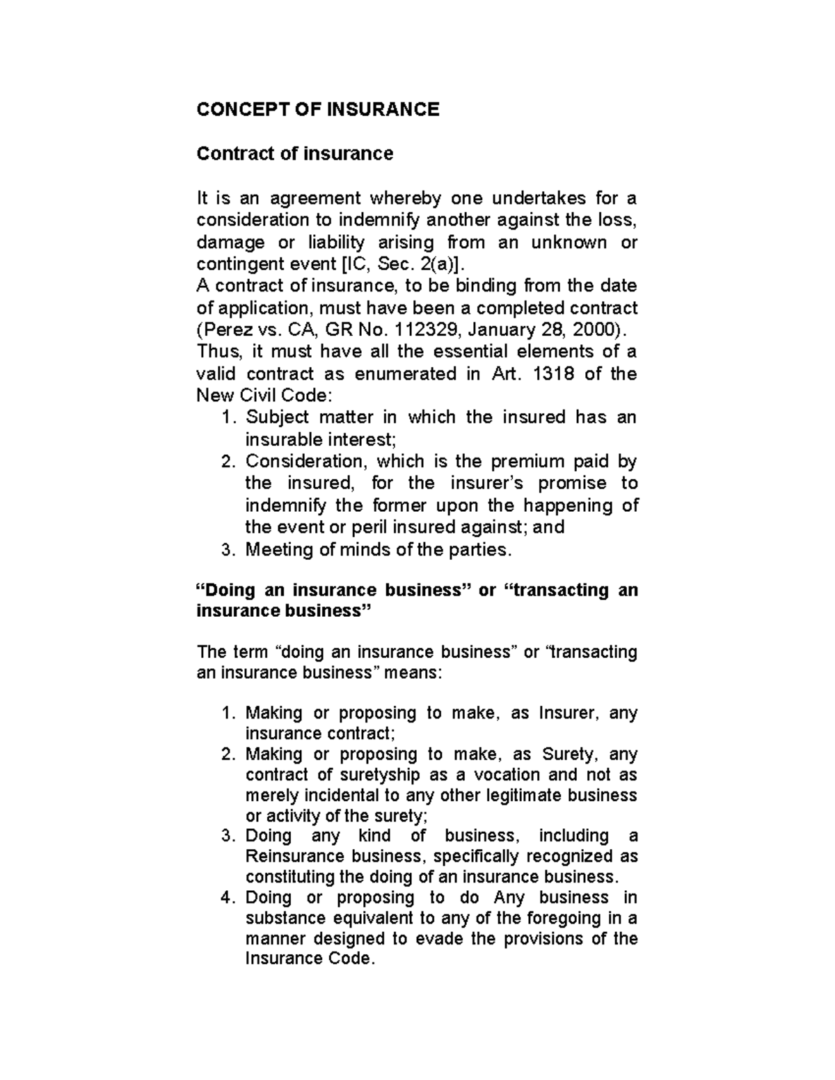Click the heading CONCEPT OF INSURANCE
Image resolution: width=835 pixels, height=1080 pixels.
pos(318,109)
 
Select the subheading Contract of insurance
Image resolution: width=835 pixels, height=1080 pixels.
pos(294,153)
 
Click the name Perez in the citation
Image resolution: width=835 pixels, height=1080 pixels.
pos(223,330)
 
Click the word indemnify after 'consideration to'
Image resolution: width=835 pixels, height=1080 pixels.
pos(379,220)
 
